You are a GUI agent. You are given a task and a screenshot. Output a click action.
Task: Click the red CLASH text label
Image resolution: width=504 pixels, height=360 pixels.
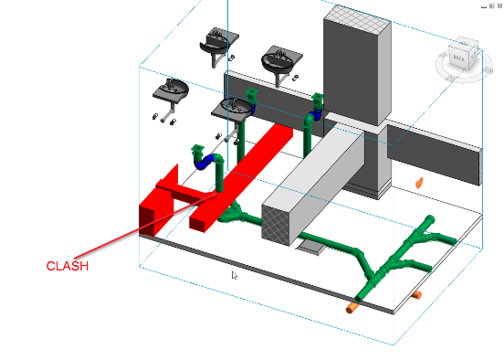click(68, 266)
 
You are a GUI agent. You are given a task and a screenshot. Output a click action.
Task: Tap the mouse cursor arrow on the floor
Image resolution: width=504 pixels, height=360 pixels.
click(235, 275)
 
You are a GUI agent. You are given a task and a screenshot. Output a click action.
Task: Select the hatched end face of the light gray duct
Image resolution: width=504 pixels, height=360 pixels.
click(276, 225)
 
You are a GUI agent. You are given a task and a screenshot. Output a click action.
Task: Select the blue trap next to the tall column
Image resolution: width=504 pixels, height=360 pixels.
click(317, 115)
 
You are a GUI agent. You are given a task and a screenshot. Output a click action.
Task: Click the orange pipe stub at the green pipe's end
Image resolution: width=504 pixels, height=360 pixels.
click(352, 307)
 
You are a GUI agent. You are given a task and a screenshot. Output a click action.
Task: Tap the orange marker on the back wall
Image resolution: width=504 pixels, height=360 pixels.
click(419, 183)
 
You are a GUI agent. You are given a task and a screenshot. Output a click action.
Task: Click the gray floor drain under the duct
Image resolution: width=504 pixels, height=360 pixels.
click(310, 248)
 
